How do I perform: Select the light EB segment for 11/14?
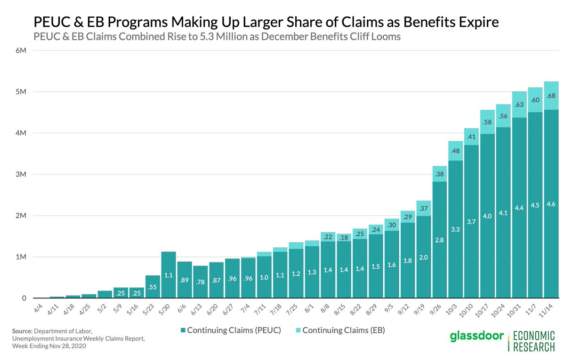[x=551, y=96]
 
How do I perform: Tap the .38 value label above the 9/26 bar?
[x=439, y=174]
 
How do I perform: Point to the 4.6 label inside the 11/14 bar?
[x=551, y=204]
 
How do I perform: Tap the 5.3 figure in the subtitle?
[x=206, y=36]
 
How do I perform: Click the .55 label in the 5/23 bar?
[x=153, y=287]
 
